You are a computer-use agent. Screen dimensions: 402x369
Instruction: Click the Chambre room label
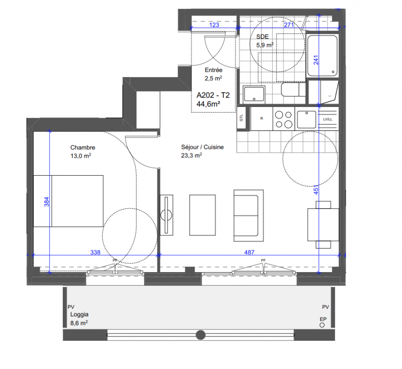83,148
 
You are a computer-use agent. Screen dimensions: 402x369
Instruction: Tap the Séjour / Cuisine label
202,147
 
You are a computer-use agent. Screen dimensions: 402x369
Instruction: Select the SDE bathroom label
262,36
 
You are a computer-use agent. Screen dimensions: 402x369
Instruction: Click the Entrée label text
213,70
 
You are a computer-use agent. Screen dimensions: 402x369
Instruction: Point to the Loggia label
79,315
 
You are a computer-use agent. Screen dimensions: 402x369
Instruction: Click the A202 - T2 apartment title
213,95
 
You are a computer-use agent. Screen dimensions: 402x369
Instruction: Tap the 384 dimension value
47,202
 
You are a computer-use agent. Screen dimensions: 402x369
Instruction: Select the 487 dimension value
249,252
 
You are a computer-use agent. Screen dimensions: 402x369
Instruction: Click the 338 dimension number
96,252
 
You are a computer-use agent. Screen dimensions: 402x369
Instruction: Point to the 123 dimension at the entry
214,25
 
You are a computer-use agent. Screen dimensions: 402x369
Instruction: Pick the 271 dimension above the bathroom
288,25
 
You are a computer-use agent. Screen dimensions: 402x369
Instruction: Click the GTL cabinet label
241,118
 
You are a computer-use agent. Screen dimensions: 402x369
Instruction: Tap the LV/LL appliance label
328,119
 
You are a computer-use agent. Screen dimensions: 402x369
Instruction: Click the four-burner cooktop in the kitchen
283,119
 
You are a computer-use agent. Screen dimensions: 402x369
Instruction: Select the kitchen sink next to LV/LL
306,119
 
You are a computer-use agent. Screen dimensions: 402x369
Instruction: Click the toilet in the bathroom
293,89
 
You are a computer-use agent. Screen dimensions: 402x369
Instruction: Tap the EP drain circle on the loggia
322,325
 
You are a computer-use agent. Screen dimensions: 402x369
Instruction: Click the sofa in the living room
248,215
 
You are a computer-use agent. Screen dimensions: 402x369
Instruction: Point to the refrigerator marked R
262,119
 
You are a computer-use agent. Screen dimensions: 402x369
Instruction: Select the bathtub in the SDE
322,56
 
